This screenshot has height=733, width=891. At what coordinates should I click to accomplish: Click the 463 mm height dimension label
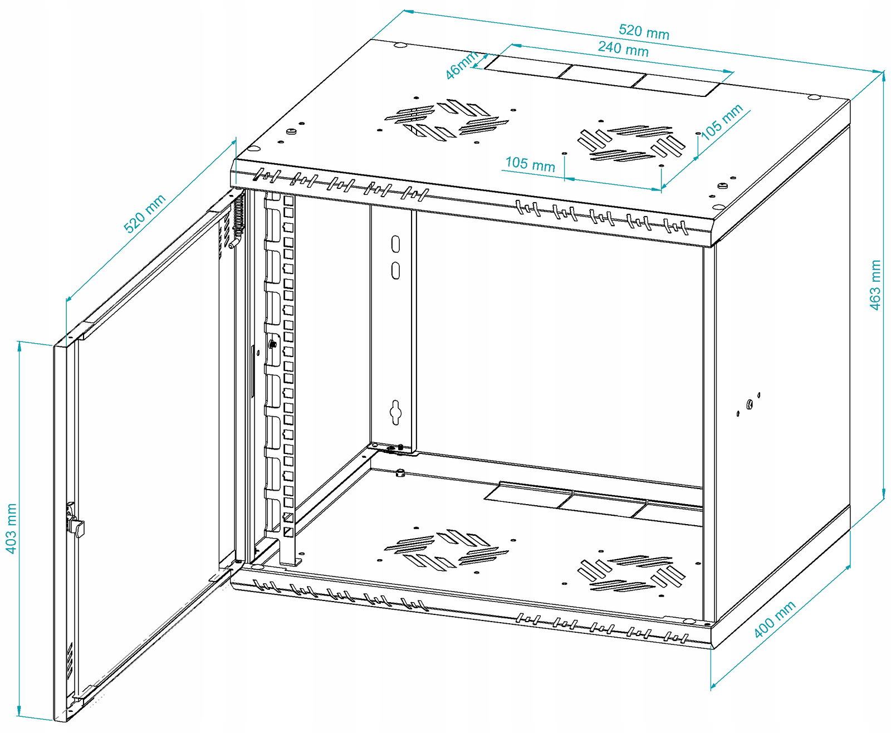tap(875, 285)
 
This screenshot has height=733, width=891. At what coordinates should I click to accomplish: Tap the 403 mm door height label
tap(11, 528)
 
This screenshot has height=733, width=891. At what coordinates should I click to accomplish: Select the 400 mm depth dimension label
tap(775, 619)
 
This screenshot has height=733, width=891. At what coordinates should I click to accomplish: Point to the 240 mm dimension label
tap(623, 48)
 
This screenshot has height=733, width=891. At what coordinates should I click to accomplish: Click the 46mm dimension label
tap(462, 65)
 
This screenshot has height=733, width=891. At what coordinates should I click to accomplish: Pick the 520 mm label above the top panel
tap(644, 32)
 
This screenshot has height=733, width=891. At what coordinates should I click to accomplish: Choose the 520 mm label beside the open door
tap(144, 213)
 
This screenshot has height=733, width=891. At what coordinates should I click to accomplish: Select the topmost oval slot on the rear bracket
tap(395, 244)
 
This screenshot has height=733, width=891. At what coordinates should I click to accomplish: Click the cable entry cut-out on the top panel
tap(602, 76)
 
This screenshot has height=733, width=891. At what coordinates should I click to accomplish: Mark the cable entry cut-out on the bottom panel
tap(593, 501)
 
